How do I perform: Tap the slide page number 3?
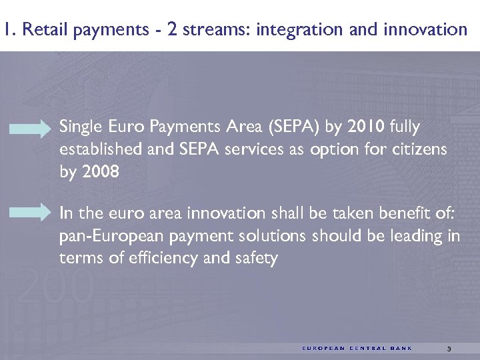coord(449,349)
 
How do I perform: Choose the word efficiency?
coord(155,259)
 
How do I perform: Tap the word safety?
coord(254,259)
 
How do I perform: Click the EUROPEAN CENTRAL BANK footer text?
coord(357,349)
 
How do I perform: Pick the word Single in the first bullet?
coord(79,126)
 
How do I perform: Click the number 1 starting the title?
coord(6,30)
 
